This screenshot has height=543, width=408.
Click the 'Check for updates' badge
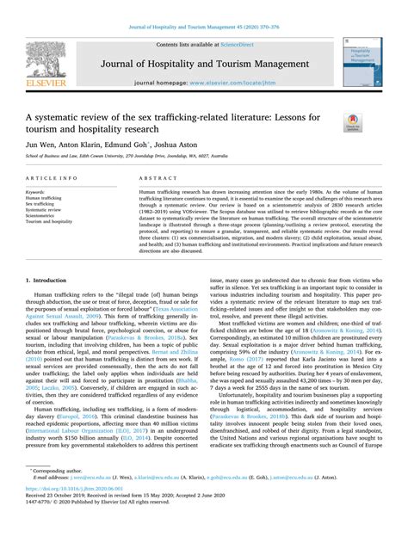353,122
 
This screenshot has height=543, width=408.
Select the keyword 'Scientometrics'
46,215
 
